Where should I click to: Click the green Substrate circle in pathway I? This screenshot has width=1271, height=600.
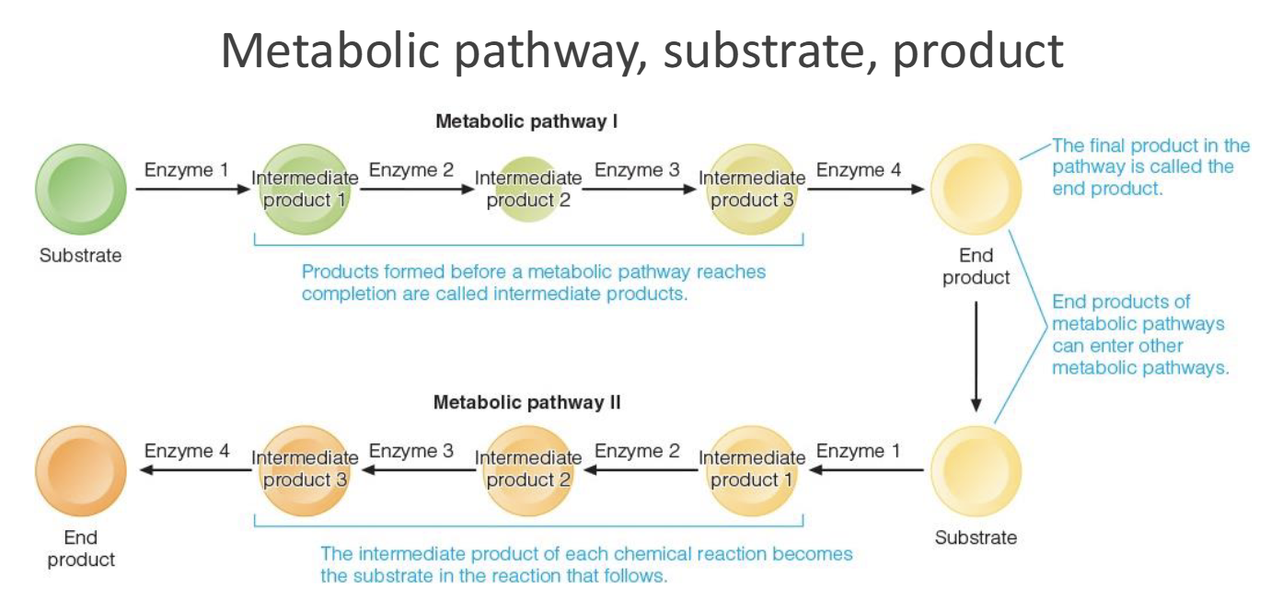click(80, 190)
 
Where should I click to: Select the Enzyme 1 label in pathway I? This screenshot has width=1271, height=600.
click(185, 170)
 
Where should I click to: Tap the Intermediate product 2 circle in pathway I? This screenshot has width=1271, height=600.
click(528, 189)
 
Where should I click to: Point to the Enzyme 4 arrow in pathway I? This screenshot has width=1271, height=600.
click(865, 190)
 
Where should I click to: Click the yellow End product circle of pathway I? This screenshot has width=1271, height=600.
click(976, 190)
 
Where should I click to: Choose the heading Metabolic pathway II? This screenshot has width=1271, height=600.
click(526, 402)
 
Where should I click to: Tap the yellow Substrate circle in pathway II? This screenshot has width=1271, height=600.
click(976, 471)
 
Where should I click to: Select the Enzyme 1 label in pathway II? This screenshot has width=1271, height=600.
click(859, 451)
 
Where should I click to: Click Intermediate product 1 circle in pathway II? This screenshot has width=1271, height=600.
click(752, 470)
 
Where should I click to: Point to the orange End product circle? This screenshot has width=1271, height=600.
click(80, 471)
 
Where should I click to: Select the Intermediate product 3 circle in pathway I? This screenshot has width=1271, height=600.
click(752, 190)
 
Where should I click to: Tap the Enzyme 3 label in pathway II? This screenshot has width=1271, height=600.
click(411, 451)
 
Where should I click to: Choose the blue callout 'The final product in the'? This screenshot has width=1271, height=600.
click(1150, 145)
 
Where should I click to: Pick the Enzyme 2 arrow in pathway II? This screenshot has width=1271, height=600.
click(641, 470)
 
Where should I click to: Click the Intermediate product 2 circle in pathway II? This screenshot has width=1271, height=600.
click(528, 470)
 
